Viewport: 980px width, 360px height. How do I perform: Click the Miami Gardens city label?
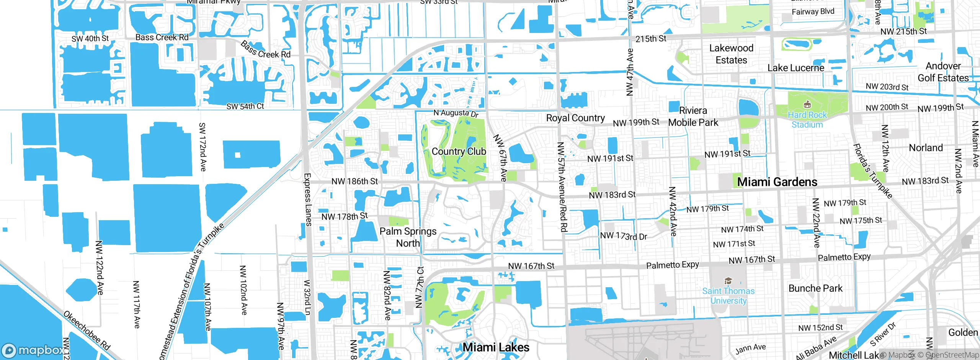tap(777, 182)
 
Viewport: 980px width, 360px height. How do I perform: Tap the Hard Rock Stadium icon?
tap(807, 104)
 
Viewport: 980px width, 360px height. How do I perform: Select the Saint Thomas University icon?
tap(728, 281)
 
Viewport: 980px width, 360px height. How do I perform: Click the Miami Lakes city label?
tap(496, 347)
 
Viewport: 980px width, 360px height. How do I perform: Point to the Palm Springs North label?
tap(408, 237)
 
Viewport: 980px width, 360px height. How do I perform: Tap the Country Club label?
tap(459, 152)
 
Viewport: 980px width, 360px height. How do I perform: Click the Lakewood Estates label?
tap(731, 54)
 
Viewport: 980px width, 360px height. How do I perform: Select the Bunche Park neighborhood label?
tap(815, 288)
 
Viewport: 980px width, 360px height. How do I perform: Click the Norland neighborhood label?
tap(926, 148)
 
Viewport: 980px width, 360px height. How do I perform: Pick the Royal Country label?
tap(575, 118)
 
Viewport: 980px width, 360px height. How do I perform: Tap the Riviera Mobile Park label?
tap(693, 116)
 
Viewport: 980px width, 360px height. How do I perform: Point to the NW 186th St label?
tap(354, 181)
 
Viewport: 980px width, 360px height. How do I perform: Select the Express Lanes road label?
tap(307, 200)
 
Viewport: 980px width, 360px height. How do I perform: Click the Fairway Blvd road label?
tap(813, 11)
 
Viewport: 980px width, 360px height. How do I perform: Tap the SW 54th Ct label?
tap(245, 106)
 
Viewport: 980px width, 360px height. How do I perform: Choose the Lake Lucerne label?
tap(796, 68)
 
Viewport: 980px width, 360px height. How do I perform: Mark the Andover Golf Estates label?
tap(943, 72)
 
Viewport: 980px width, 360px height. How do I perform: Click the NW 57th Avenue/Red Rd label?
tap(562, 187)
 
